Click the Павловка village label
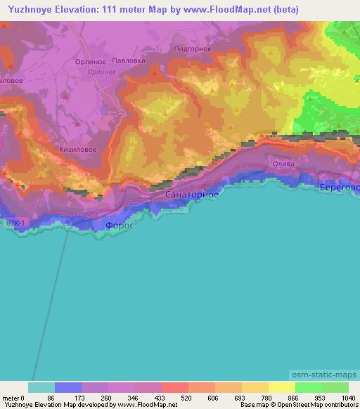(129, 60)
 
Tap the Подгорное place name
(191, 48)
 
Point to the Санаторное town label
(192, 193)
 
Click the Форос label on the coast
(118, 226)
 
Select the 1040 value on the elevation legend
(348, 398)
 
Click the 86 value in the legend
(51, 398)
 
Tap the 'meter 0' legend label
(13, 398)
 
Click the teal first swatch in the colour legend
(41, 387)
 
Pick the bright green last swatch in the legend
(335, 387)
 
